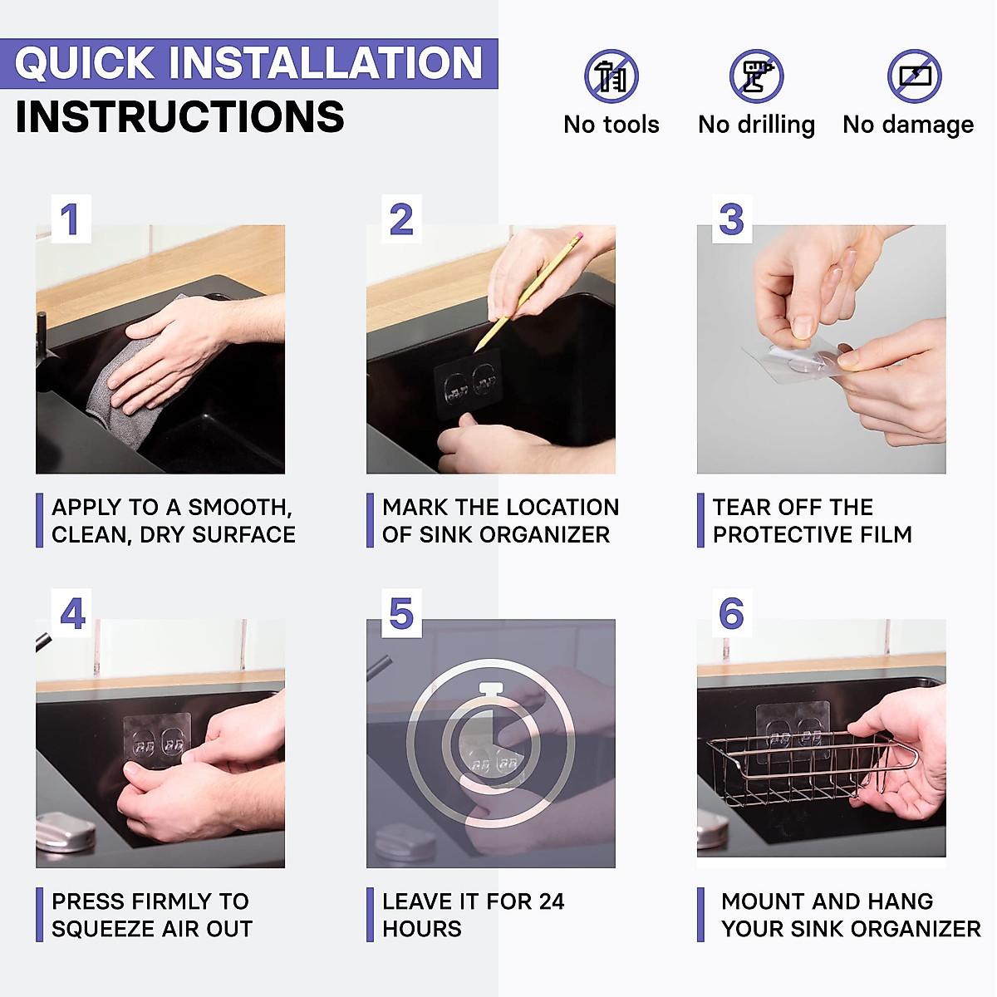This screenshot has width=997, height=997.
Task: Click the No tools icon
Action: (x=611, y=76)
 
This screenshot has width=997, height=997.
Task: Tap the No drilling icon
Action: (x=756, y=76)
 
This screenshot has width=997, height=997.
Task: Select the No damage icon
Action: (x=914, y=76)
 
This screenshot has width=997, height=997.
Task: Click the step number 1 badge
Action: (x=71, y=219)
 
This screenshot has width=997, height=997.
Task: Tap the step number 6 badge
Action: (x=732, y=613)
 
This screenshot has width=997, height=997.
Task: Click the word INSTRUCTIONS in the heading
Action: (x=180, y=117)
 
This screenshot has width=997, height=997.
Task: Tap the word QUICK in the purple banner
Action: (x=85, y=63)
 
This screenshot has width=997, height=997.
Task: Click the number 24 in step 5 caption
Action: (x=551, y=901)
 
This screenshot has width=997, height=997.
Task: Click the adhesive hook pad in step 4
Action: (x=158, y=740)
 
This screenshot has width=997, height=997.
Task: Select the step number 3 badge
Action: (x=732, y=219)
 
